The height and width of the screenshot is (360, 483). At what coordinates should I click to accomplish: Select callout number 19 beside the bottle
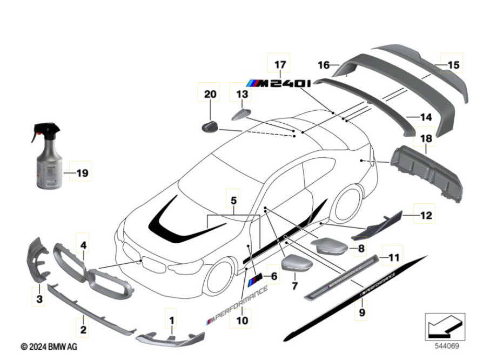[81, 174]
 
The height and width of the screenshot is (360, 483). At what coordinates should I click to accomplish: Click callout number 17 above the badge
[279, 64]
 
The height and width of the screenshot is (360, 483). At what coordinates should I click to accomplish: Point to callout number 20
[209, 95]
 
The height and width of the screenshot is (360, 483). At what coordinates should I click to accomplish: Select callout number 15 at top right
[453, 65]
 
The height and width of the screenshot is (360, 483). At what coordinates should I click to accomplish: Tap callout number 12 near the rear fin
[426, 216]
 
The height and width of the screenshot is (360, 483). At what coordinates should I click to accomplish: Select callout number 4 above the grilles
[83, 245]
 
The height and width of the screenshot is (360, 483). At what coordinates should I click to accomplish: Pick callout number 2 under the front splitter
[83, 328]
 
